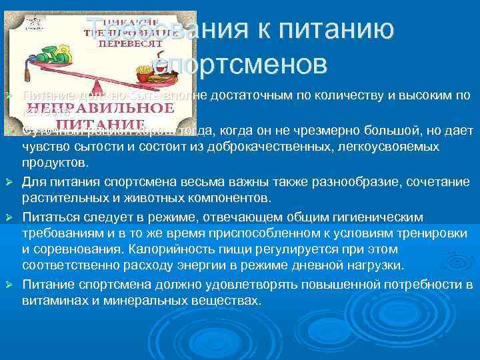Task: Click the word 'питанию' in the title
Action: pos(334,31)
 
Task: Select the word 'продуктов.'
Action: pos(54,163)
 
